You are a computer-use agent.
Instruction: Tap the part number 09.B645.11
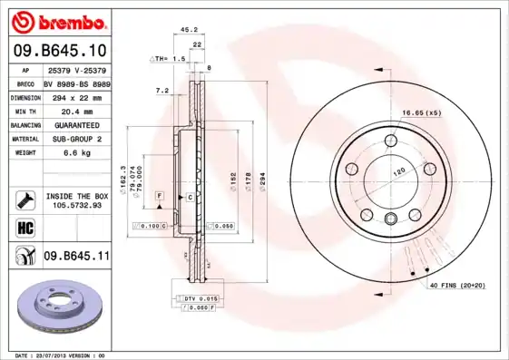tap(76, 257)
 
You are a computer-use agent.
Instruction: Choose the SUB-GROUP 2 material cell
tap(75, 140)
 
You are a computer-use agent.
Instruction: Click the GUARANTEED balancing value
tap(75, 125)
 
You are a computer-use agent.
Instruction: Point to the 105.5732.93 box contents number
tap(76, 205)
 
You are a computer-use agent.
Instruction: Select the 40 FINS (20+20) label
tap(456, 285)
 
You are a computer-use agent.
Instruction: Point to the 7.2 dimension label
tap(162, 90)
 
